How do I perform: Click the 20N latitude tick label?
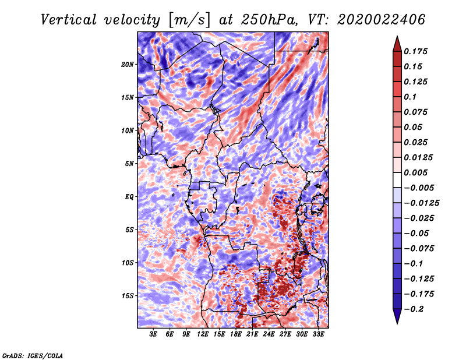coord(128,65)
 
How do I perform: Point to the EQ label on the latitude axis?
coord(129,197)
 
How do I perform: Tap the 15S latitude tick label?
coord(128,296)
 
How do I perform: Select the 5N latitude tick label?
coord(129,164)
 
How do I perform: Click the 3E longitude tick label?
coord(153,334)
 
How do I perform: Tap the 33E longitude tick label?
coord(318,334)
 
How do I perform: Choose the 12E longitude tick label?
coord(202,334)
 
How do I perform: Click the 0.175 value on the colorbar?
coord(415,51)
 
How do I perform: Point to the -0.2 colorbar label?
coord(414,309)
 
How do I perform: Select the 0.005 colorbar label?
coord(415,172)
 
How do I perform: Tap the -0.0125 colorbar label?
coord(421,203)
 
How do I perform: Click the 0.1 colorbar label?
coord(410,97)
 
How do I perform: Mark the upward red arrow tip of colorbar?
coord(397,36)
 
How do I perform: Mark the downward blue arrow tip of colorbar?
coord(397,323)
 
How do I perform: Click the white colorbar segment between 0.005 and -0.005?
coord(397,180)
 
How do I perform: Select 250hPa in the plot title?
coord(269,20)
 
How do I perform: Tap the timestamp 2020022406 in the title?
coord(381,20)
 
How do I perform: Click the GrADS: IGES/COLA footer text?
coord(33,355)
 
